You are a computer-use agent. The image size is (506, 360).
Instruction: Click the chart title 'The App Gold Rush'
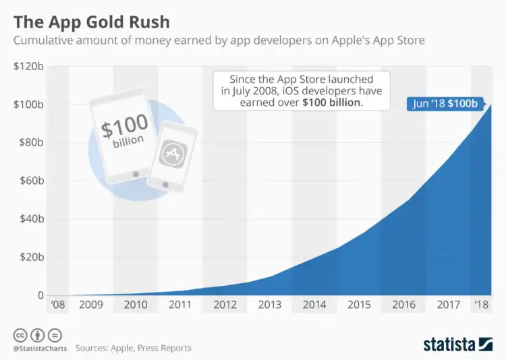coord(91,21)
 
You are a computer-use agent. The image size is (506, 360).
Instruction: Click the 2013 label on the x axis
coord(270,305)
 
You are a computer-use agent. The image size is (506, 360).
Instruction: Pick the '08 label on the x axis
coord(57,305)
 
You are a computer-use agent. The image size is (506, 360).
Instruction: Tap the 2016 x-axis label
coord(403,305)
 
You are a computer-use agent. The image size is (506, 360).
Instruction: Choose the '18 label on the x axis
coord(482,305)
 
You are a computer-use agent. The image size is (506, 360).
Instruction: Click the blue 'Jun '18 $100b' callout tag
coord(445,104)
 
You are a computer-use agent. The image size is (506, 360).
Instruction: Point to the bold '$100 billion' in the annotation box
coord(332,102)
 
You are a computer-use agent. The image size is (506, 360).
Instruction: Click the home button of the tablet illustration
coord(136,174)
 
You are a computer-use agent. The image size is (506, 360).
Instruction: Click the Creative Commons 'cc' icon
coord(20,334)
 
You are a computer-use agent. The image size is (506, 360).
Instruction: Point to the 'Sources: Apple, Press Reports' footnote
coord(134,348)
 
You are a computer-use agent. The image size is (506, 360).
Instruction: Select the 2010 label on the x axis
coord(136,305)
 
